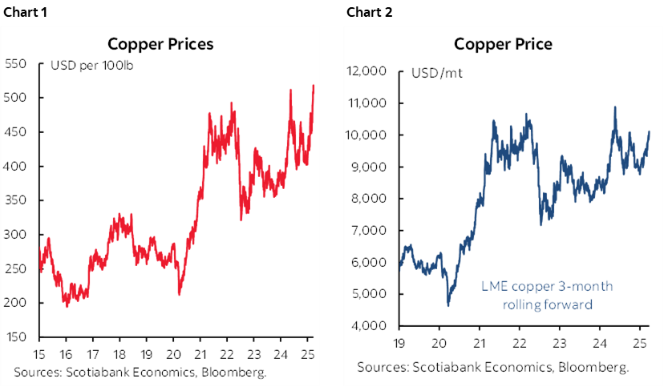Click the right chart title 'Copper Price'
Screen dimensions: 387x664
(x=503, y=44)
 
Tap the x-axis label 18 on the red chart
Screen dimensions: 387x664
(x=121, y=353)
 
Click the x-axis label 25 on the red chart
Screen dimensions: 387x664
(x=308, y=353)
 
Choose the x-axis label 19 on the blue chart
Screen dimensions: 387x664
(x=399, y=342)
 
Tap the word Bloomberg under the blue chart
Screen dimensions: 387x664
(x=594, y=367)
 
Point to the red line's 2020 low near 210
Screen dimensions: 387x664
(x=179, y=294)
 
